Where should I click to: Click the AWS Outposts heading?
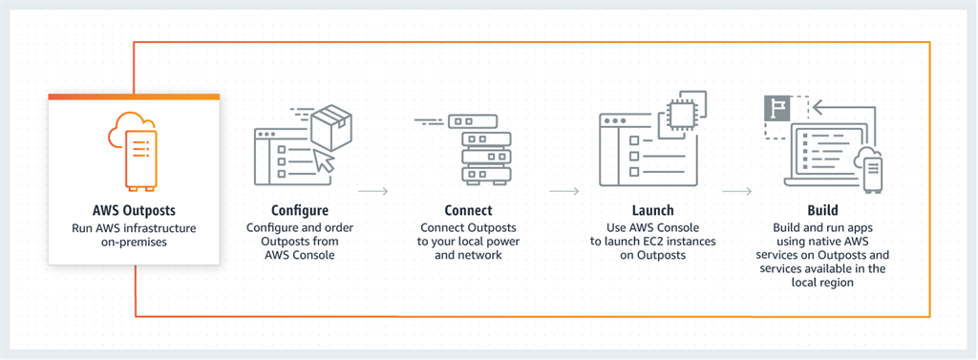pyautogui.click(x=134, y=210)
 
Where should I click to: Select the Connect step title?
pyautogui.click(x=468, y=210)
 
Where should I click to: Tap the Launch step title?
pyautogui.click(x=653, y=210)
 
